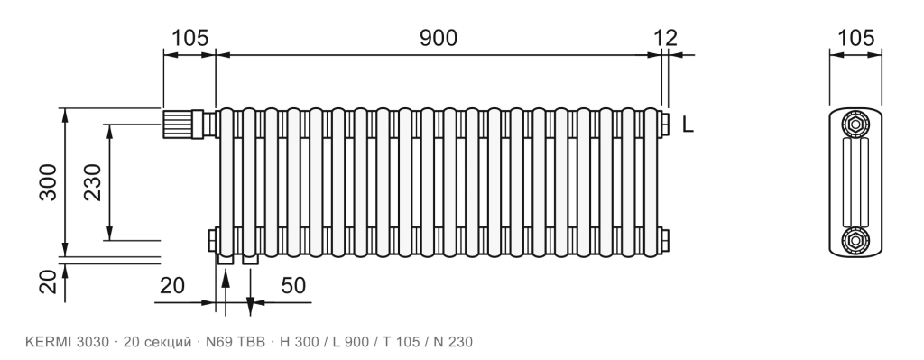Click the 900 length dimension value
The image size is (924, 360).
(438, 38)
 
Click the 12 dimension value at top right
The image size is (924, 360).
(665, 38)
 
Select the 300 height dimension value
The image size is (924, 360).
(49, 182)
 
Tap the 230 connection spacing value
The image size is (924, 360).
(93, 182)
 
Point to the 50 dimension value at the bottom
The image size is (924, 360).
(293, 285)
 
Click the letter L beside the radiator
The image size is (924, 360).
(688, 125)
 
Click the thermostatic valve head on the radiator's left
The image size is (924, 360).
(177, 124)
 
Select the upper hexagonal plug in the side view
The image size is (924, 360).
(855, 125)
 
